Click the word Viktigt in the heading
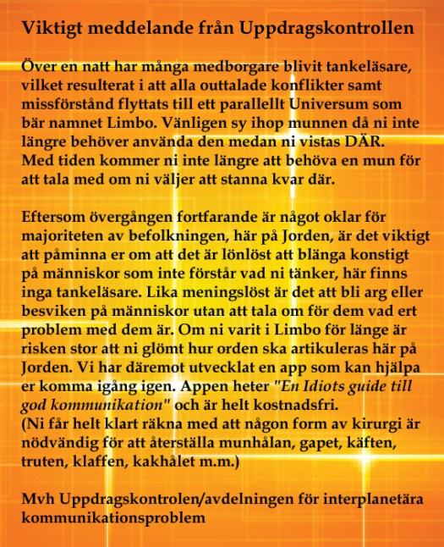49,28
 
